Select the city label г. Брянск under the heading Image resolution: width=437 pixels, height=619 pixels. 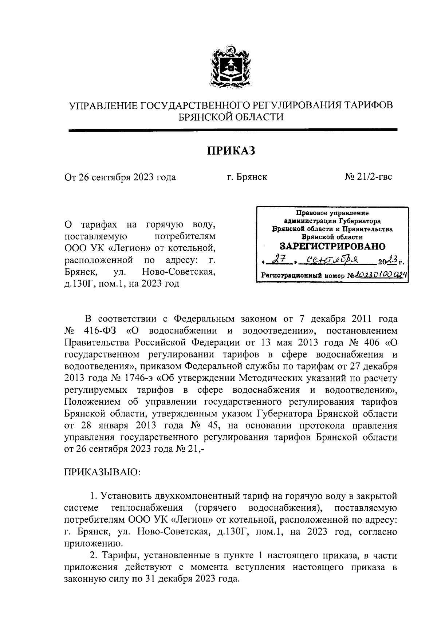247,177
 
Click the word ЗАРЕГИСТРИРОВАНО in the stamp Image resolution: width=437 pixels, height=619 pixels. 332,246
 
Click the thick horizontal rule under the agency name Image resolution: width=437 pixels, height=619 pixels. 232,129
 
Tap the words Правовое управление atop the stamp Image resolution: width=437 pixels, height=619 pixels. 332,213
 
